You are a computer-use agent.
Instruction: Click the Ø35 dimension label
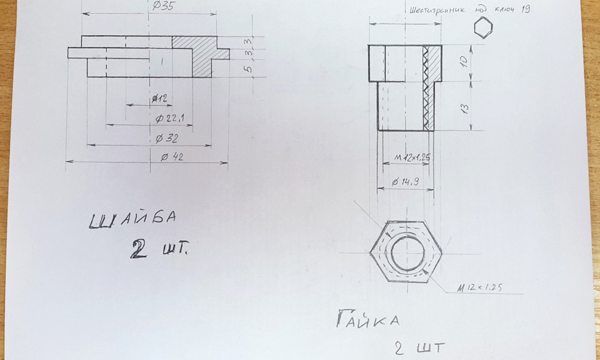coord(163,6)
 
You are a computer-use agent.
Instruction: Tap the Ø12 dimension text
coord(159,99)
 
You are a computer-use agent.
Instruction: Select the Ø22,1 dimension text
coord(169,119)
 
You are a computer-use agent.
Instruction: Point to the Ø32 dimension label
coord(167,138)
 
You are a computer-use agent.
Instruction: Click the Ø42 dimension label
coord(172,156)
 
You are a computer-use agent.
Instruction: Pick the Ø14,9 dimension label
coord(405,182)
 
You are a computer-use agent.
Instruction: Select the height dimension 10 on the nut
coord(463,61)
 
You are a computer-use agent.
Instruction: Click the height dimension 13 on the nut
coord(464,108)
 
